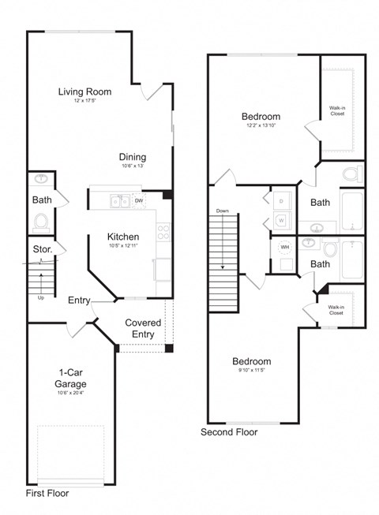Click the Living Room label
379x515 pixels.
tap(84, 91)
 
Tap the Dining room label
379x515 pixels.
tap(133, 156)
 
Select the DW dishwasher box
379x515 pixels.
tap(139, 201)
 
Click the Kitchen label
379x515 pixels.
tap(123, 237)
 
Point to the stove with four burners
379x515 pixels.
tap(164, 233)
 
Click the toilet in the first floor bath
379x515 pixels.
tap(41, 218)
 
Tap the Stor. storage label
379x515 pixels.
tap(43, 250)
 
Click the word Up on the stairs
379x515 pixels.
tap(41, 298)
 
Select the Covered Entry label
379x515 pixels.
tap(143, 328)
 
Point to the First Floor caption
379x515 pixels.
tap(47, 493)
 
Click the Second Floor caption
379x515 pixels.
tap(229, 431)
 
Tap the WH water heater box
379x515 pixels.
tap(283, 247)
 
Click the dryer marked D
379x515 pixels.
tap(282, 201)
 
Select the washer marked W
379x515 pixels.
tap(282, 221)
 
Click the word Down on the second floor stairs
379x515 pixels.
tap(222, 211)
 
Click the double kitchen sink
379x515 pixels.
tap(119, 202)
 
